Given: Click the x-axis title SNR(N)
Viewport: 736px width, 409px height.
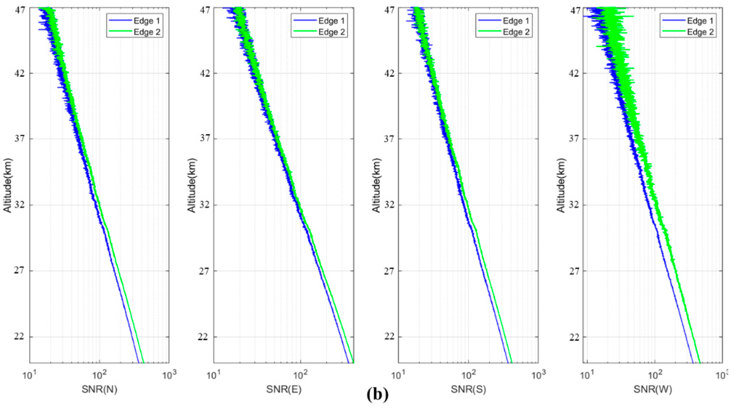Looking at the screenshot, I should click(x=99, y=389).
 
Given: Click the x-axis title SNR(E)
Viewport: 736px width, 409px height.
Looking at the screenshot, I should click(x=284, y=389).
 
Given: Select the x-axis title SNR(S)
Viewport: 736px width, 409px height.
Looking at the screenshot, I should click(x=469, y=389).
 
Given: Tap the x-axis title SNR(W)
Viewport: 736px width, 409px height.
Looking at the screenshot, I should click(x=653, y=389).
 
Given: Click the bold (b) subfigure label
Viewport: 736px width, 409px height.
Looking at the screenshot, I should click(x=377, y=395).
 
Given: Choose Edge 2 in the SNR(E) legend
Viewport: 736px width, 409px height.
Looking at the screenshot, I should click(x=332, y=32).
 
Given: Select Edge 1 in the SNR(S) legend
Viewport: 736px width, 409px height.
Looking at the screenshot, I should click(x=516, y=21).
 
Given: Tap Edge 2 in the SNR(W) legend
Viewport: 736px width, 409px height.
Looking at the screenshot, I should click(x=700, y=32).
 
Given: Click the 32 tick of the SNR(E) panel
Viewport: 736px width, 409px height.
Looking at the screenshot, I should click(x=204, y=205).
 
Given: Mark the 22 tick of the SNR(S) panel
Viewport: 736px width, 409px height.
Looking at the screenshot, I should click(x=389, y=337).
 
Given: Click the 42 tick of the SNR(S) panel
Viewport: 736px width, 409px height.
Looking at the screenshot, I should click(x=389, y=73).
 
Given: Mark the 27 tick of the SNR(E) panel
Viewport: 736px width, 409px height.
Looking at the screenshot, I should click(x=204, y=271).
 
